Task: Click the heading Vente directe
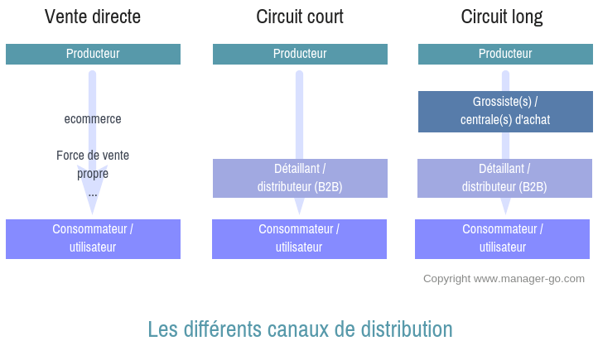point(93,17)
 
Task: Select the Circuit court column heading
point(300,17)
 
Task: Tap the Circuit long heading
point(502,17)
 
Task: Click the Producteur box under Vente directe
point(93,54)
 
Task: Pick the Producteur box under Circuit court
point(300,54)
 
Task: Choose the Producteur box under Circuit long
point(505,54)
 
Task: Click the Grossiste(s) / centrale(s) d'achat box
point(505,111)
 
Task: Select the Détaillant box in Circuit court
point(300,178)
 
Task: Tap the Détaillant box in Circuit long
point(504,178)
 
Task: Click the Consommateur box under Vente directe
point(93,238)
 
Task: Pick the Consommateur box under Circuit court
point(299,238)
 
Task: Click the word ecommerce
point(93,119)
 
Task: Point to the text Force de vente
point(93,156)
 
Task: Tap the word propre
point(93,174)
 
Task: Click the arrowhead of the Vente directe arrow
point(93,205)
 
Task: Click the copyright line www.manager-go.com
point(504,279)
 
